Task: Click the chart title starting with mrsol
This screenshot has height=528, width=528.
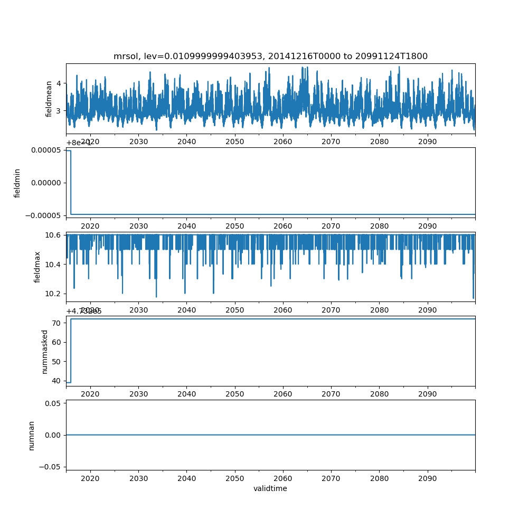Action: click(270, 56)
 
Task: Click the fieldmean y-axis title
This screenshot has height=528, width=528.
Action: click(49, 99)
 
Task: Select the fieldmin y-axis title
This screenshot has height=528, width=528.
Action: click(17, 183)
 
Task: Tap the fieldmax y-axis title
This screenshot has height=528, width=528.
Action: click(37, 267)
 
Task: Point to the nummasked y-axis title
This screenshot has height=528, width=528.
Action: click(45, 351)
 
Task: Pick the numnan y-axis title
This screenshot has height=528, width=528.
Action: click(31, 435)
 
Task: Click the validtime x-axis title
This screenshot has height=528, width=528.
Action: click(270, 488)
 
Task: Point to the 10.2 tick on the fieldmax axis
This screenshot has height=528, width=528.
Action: click(55, 294)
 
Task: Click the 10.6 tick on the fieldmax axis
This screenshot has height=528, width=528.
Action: click(55, 234)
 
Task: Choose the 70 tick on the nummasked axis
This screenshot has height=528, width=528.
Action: click(58, 323)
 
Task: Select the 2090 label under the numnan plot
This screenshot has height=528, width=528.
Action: click(427, 478)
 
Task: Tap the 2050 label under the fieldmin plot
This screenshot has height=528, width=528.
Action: click(234, 225)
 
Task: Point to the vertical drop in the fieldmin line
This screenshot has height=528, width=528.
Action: click(71, 182)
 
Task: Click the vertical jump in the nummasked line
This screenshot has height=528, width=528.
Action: click(71, 351)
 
